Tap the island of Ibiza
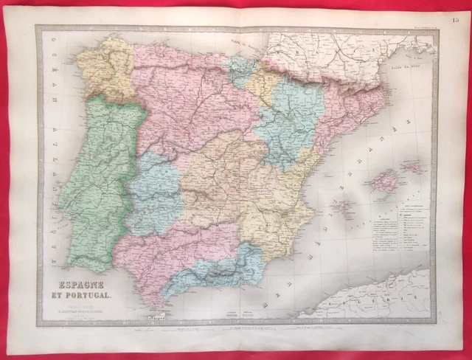[343, 207]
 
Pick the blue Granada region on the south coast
[221, 269]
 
